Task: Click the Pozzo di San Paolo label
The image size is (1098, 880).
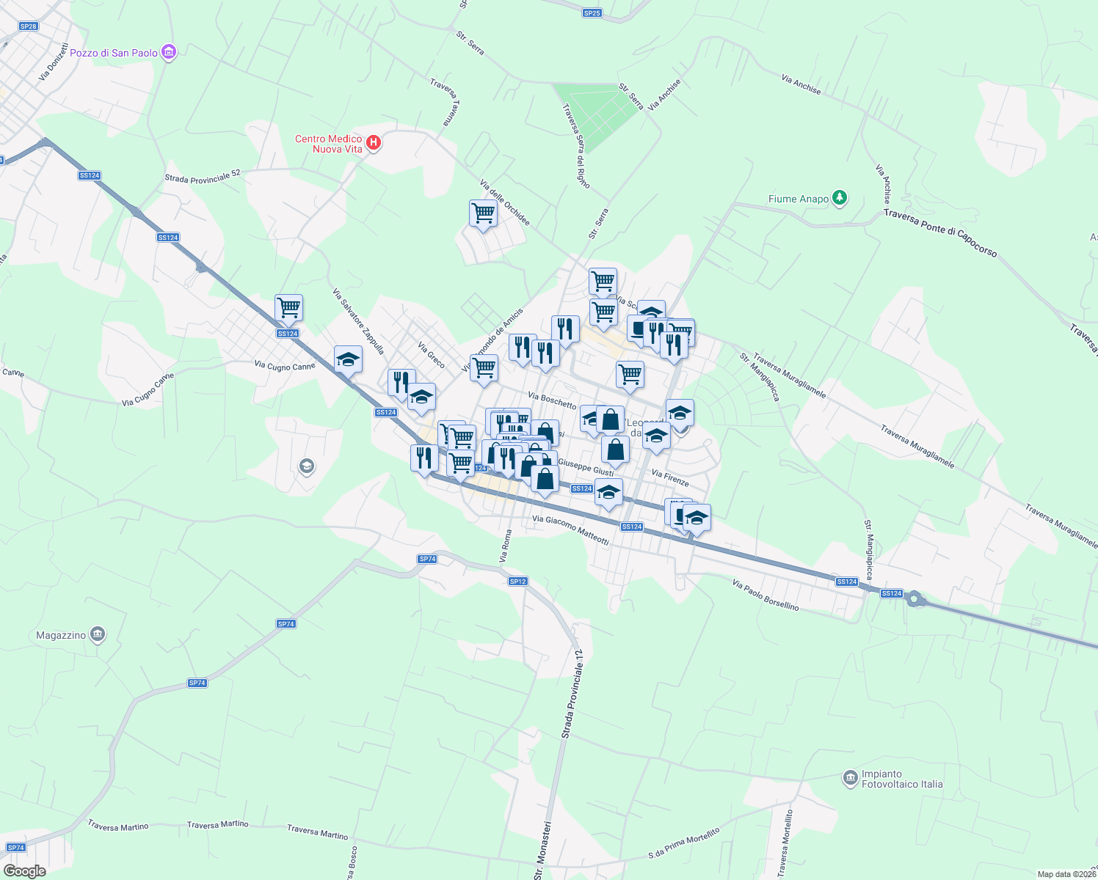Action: [114, 53]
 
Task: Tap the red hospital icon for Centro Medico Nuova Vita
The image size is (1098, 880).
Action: [374, 142]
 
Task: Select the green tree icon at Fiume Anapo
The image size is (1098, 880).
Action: [840, 198]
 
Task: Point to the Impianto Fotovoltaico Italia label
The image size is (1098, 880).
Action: [901, 779]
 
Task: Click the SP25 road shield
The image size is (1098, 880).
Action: [592, 13]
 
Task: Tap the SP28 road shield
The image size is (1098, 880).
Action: [28, 26]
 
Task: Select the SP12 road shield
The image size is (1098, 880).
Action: [518, 582]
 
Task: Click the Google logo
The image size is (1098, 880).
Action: [25, 871]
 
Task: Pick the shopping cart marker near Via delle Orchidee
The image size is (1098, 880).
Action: [483, 214]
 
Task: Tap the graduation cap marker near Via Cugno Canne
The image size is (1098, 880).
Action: [348, 360]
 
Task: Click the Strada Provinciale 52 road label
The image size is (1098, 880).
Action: [202, 177]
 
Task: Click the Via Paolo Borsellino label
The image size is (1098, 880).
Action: [766, 595]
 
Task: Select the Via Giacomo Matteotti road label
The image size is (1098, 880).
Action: [570, 530]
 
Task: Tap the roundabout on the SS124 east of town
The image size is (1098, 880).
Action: [914, 599]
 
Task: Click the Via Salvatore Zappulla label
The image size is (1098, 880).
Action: [358, 321]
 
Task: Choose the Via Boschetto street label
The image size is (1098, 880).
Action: [552, 400]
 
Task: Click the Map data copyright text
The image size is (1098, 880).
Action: [1066, 874]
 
